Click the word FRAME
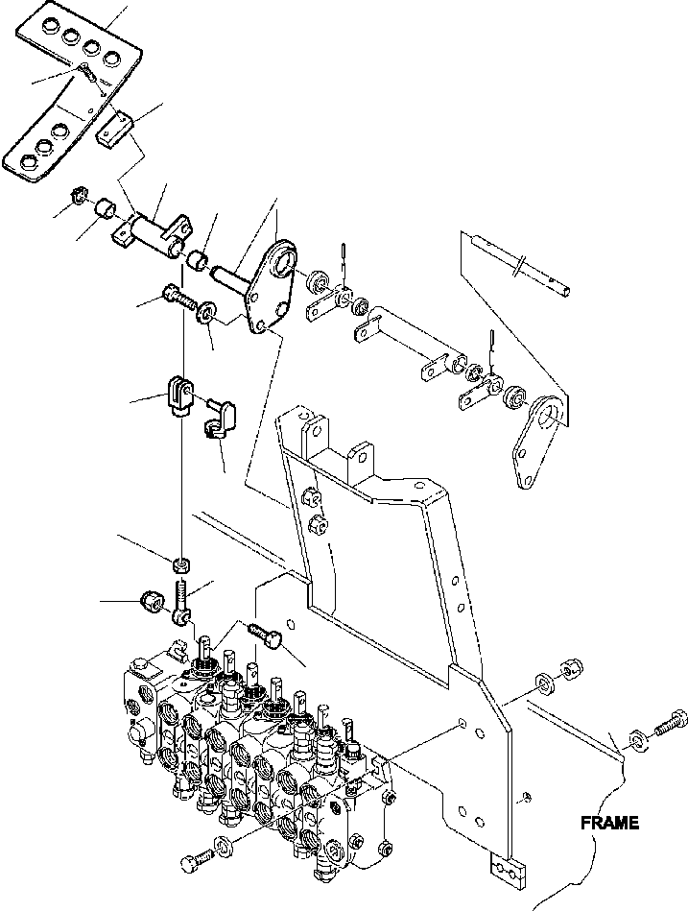coord(607,823)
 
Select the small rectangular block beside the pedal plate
coord(112,126)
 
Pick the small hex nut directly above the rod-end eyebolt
coord(182,563)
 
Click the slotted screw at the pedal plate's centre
coord(84,69)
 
